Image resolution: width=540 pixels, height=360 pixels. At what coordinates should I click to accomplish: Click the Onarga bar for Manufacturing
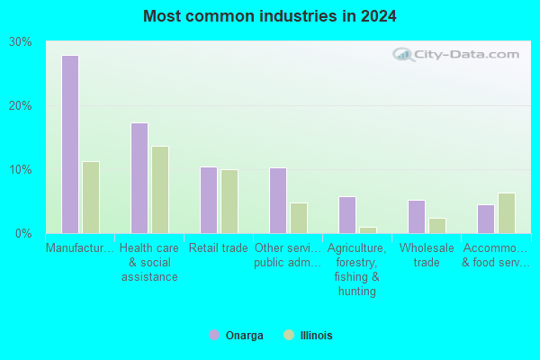(70, 144)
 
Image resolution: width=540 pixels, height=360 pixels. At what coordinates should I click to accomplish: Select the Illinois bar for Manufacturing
(91, 197)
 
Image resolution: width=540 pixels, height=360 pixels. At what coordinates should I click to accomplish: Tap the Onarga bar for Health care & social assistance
(139, 178)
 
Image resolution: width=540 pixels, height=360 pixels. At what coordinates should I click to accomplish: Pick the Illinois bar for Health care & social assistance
(160, 190)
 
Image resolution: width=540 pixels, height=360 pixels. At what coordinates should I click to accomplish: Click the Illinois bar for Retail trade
(229, 202)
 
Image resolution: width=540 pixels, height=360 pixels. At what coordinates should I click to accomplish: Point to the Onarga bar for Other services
(278, 201)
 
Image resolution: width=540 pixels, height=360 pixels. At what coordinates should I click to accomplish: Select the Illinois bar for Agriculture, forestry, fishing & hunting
(368, 230)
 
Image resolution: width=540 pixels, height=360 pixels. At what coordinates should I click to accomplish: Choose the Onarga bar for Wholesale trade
(417, 217)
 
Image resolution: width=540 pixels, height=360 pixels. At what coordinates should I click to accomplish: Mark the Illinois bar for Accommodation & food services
(507, 213)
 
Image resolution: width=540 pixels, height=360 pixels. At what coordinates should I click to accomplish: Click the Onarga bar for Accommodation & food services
(486, 219)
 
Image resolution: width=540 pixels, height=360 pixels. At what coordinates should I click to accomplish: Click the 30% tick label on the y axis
(21, 42)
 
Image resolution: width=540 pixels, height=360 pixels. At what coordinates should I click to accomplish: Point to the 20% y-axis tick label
(21, 106)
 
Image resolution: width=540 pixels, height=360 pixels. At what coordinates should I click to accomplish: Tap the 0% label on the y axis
(23, 234)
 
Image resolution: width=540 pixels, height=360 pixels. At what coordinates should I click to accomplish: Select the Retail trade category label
(219, 248)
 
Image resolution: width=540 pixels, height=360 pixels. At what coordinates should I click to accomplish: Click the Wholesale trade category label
(427, 256)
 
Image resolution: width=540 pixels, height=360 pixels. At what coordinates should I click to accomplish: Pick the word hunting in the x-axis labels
(357, 292)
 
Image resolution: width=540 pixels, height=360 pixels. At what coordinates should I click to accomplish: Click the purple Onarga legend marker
(214, 335)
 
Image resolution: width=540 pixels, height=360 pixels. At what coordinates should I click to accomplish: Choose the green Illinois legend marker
(289, 335)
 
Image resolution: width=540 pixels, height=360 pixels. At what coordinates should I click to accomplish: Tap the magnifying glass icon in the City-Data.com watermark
(403, 54)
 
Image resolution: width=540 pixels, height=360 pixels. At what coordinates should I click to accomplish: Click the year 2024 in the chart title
(379, 16)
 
